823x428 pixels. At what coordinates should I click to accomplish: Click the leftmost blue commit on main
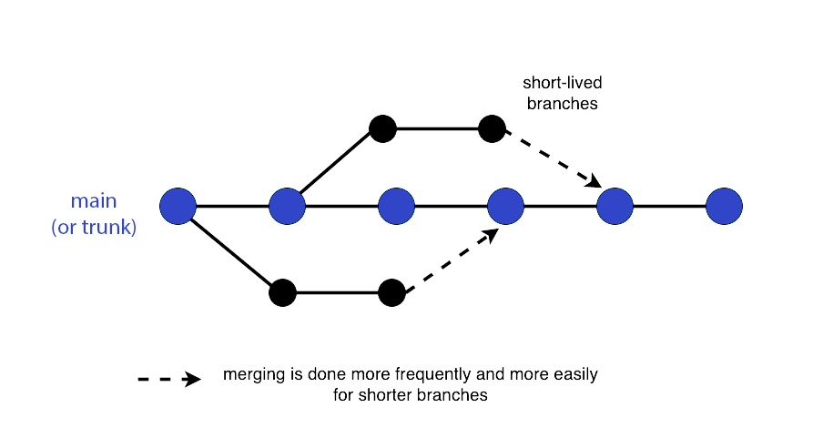[x=178, y=207]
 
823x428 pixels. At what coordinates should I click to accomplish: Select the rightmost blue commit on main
[x=725, y=207]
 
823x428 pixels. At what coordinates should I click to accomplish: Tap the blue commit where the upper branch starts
[x=287, y=207]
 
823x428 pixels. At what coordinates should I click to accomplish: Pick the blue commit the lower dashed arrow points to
[x=505, y=207]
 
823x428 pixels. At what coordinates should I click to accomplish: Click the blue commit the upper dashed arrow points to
[x=615, y=207]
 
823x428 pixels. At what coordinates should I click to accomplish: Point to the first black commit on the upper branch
[x=382, y=128]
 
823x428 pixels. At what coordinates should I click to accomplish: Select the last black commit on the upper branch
[x=492, y=128]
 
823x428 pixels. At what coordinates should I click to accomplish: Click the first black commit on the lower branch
[x=283, y=292]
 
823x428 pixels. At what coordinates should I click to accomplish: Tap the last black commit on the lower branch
[x=392, y=292]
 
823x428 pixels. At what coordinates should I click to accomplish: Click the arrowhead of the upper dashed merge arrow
[x=594, y=180]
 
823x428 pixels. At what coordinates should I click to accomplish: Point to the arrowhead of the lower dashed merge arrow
[x=491, y=236]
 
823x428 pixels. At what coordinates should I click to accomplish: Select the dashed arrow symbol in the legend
[x=169, y=379]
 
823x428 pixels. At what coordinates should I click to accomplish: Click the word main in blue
[x=94, y=200]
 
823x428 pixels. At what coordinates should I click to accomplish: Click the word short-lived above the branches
[x=562, y=83]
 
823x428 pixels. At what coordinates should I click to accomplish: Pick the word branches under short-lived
[x=562, y=104]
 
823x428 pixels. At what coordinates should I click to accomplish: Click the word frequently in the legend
[x=433, y=375]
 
